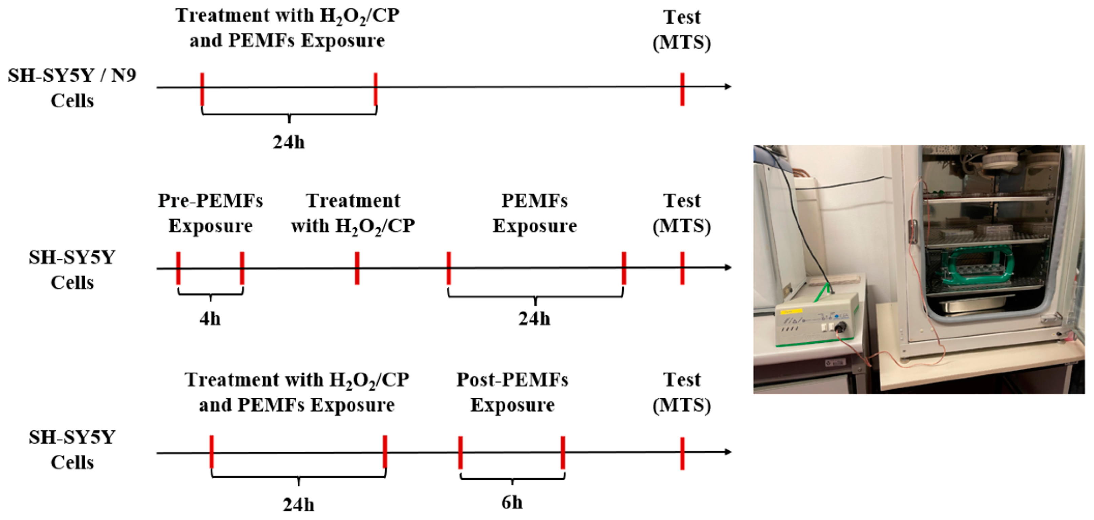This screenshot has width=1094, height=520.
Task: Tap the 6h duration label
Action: coord(512,503)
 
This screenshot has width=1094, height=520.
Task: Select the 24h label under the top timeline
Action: coord(289,142)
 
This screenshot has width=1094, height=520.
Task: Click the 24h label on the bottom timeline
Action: coord(298,505)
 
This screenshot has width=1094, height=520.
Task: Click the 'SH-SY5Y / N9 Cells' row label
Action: coord(72,88)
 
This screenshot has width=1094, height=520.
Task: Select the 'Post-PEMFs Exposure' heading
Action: coord(512,392)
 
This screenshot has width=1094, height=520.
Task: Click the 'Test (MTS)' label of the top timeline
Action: coord(681,30)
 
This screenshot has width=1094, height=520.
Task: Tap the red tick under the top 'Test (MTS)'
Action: coord(682,89)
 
